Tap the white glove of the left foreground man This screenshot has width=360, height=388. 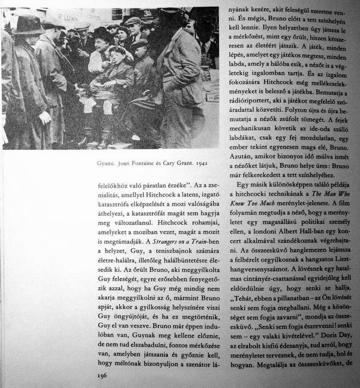pos(44,117)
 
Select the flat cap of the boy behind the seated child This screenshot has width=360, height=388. pos(139,44)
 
